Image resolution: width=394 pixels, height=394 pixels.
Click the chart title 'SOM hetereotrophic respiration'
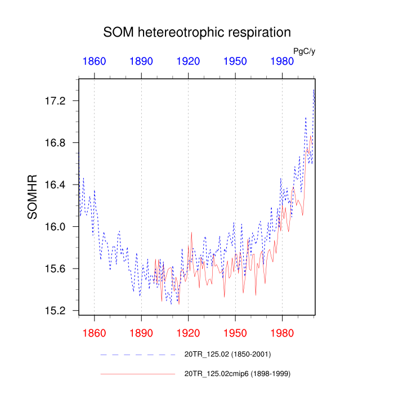pyautogui.click(x=197, y=32)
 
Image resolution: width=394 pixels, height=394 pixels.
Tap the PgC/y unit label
pyautogui.click(x=304, y=51)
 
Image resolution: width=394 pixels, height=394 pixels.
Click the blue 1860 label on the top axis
pyautogui.click(x=94, y=61)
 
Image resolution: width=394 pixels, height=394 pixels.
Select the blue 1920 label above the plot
pyautogui.click(x=188, y=61)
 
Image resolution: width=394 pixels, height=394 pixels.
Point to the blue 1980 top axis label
pyautogui.click(x=282, y=61)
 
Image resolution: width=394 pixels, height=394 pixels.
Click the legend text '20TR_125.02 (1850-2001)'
pyautogui.click(x=228, y=355)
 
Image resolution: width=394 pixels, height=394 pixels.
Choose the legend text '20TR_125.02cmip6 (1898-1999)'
pyautogui.click(x=237, y=373)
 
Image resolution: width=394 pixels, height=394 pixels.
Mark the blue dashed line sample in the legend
pyautogui.click(x=138, y=355)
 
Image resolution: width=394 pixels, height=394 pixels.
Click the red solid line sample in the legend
pyautogui.click(x=138, y=373)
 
